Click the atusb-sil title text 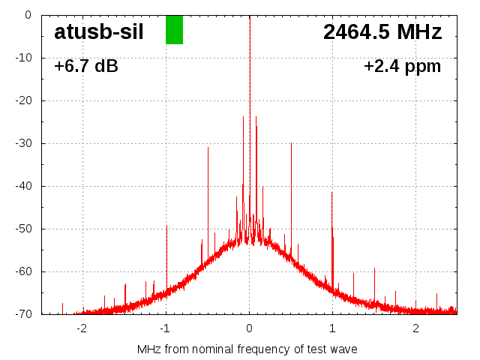coord(98,32)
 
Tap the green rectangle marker coord(174,30)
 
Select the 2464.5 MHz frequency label coord(382,32)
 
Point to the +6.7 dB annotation coord(86,67)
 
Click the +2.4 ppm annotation coord(402,67)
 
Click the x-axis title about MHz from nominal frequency coord(247,349)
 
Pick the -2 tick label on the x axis coord(82,328)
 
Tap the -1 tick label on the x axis coord(166,328)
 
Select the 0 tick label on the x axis coord(249,328)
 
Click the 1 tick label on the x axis coord(332,328)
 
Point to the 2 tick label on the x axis coord(415,328)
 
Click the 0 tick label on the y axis coord(27,15)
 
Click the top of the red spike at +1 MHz coord(332,192)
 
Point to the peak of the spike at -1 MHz coord(166,226)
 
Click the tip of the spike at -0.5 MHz coord(208,148)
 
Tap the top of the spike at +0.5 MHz coord(291,143)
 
